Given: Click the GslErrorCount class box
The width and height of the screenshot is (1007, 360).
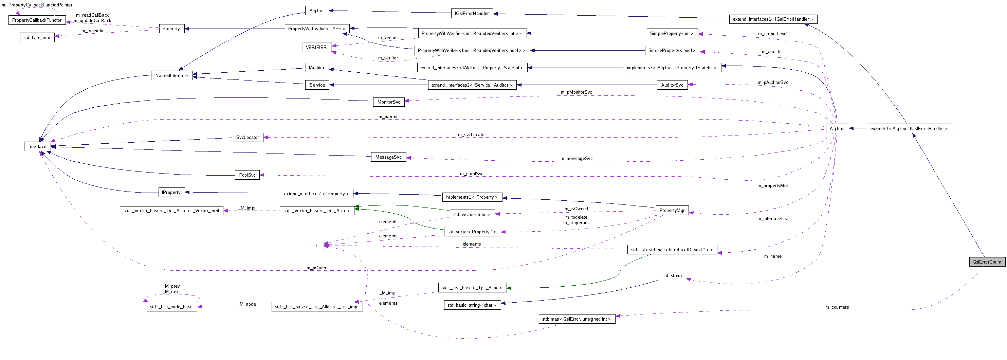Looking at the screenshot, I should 987,262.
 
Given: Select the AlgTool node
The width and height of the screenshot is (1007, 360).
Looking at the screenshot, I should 837,129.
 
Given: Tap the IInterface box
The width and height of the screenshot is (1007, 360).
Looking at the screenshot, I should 37,147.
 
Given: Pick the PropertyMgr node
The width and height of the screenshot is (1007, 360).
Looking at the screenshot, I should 672,210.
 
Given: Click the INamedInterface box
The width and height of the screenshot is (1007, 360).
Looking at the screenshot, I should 171,75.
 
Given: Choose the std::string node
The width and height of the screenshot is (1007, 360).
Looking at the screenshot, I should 672,275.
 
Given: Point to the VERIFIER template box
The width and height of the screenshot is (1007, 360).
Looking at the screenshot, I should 316,47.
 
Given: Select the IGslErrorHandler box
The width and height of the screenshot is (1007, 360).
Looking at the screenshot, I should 472,13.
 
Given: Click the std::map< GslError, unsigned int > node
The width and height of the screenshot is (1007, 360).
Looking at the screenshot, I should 576,319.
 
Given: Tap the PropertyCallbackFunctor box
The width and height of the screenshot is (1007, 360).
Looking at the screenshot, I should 37,20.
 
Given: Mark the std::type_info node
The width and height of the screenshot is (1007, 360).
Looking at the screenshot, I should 37,37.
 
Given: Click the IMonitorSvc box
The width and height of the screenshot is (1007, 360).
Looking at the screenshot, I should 388,102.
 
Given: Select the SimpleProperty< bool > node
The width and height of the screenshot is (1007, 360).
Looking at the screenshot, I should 672,50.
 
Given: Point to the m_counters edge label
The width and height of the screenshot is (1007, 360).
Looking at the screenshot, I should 837,307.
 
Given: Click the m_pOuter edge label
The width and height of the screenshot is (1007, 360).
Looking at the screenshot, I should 316,268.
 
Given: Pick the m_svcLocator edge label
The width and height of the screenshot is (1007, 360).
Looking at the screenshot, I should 472,134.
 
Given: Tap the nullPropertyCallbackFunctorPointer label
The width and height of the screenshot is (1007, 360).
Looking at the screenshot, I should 37,5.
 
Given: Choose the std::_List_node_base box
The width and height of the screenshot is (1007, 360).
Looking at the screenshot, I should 171,307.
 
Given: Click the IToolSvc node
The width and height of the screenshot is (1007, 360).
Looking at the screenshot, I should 247,175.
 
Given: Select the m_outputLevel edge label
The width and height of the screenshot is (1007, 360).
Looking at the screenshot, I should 772,34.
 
